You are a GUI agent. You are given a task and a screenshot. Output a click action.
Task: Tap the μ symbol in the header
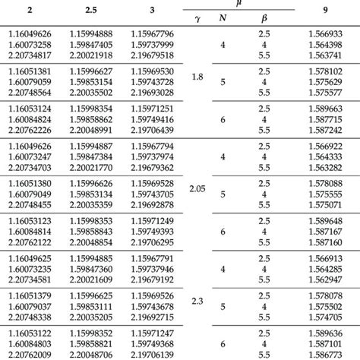[240, 5]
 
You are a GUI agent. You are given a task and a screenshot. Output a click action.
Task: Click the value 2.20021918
[106, 55]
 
